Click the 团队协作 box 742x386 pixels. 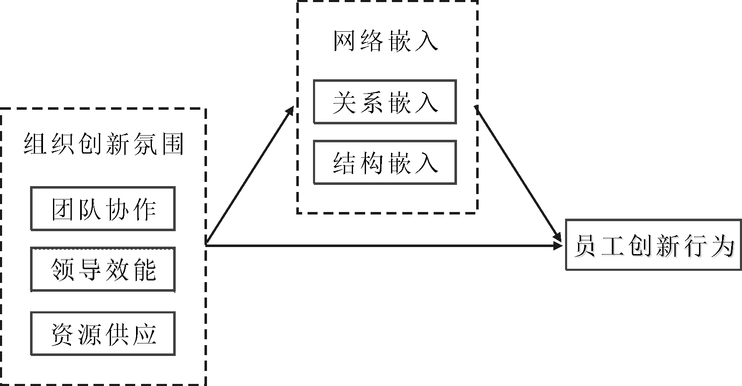tap(103, 209)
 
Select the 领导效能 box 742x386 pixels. tap(103, 269)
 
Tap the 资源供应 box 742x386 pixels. tap(103, 334)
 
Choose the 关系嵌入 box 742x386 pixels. tap(384, 102)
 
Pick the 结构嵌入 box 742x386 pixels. tap(384, 163)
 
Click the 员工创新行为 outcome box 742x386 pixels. tap(653, 245)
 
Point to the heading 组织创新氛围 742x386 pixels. tap(103, 144)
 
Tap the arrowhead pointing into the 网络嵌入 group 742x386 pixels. tap(290, 110)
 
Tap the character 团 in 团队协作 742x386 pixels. tap(63, 209)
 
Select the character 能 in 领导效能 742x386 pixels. tap(144, 270)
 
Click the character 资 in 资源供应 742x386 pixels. tap(63, 334)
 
